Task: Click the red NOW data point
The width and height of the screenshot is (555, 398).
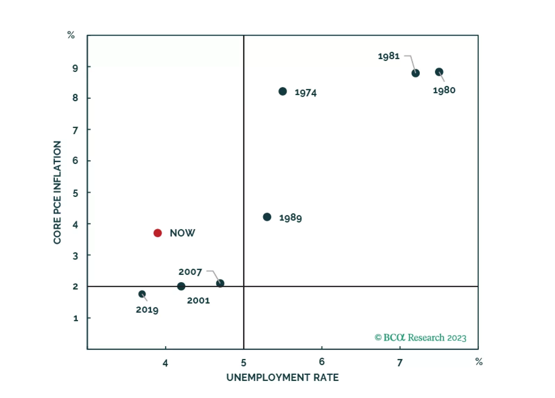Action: pos(158,233)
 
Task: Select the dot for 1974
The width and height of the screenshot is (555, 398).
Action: pos(282,91)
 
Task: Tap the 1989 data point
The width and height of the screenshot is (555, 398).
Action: pos(267,217)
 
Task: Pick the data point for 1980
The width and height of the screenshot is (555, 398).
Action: pos(439,72)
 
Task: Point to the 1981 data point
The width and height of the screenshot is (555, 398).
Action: pos(415,73)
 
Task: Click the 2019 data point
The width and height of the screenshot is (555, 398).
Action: pos(142,294)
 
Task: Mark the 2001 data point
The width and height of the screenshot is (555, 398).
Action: pos(181,286)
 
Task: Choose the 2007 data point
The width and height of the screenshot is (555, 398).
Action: pos(220,283)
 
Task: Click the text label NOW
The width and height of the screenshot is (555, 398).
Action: pos(182,233)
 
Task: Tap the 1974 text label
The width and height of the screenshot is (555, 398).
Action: pos(305,93)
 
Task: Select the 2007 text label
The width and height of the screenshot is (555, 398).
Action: pos(190,272)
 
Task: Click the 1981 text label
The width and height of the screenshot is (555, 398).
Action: pos(388,56)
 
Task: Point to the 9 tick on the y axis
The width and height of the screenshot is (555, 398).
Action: pos(75,68)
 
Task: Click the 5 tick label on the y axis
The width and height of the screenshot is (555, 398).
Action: pos(75,193)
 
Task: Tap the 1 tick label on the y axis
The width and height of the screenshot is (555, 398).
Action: pos(75,318)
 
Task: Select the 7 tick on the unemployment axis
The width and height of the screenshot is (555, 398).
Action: pos(400,363)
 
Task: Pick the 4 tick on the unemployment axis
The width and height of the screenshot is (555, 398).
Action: pos(165,363)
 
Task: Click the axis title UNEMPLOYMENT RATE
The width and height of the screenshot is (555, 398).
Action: pos(282,377)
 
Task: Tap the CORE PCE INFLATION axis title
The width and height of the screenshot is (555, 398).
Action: pos(57,192)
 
